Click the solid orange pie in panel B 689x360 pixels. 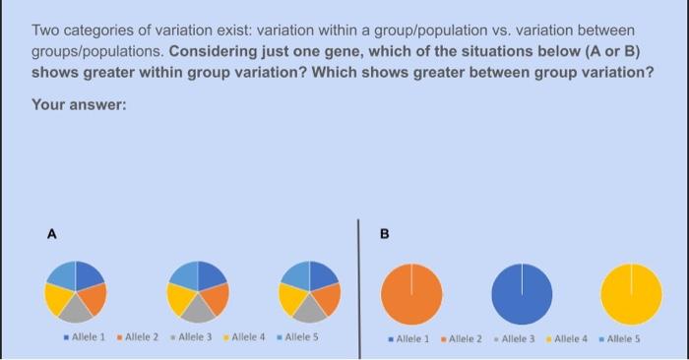pos(409,293)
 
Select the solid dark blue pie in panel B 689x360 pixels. pos(522,293)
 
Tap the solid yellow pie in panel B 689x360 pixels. pos(632,293)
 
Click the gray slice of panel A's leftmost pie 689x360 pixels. pos(76,310)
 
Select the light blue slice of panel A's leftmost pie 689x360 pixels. pos(62,275)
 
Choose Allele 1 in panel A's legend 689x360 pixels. pos(91,337)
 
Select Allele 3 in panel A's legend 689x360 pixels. pos(195,337)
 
